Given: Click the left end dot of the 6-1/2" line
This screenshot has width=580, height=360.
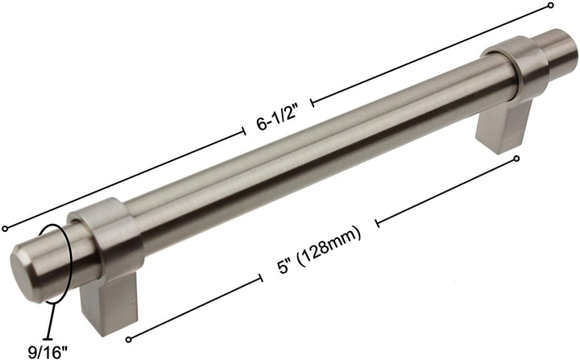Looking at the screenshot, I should [6, 228].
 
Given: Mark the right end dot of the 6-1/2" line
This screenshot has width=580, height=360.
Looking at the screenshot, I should [551, 6].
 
